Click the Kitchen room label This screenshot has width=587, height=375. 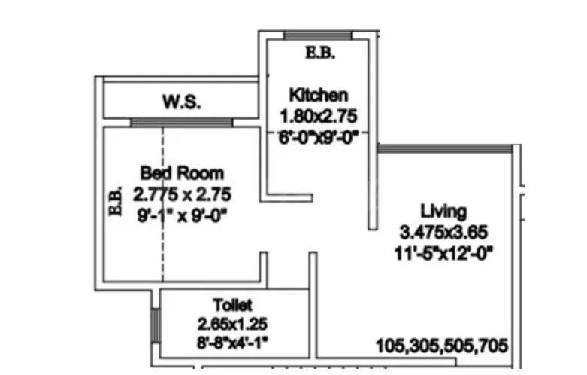point(319,96)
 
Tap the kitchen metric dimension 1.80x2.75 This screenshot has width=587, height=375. point(318,117)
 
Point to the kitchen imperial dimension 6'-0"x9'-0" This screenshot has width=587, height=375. point(318,137)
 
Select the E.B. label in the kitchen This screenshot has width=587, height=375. point(319,53)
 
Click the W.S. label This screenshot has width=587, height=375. point(181,102)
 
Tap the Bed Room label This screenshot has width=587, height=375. point(181,173)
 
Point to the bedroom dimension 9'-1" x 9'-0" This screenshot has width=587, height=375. point(181,215)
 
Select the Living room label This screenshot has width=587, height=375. point(443,211)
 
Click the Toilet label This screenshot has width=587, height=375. point(233,306)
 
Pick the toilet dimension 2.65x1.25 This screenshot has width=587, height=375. point(233,325)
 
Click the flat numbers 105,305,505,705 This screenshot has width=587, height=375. point(443,346)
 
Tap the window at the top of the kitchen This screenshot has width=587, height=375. point(318,35)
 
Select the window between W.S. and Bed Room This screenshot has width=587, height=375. point(181,123)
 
